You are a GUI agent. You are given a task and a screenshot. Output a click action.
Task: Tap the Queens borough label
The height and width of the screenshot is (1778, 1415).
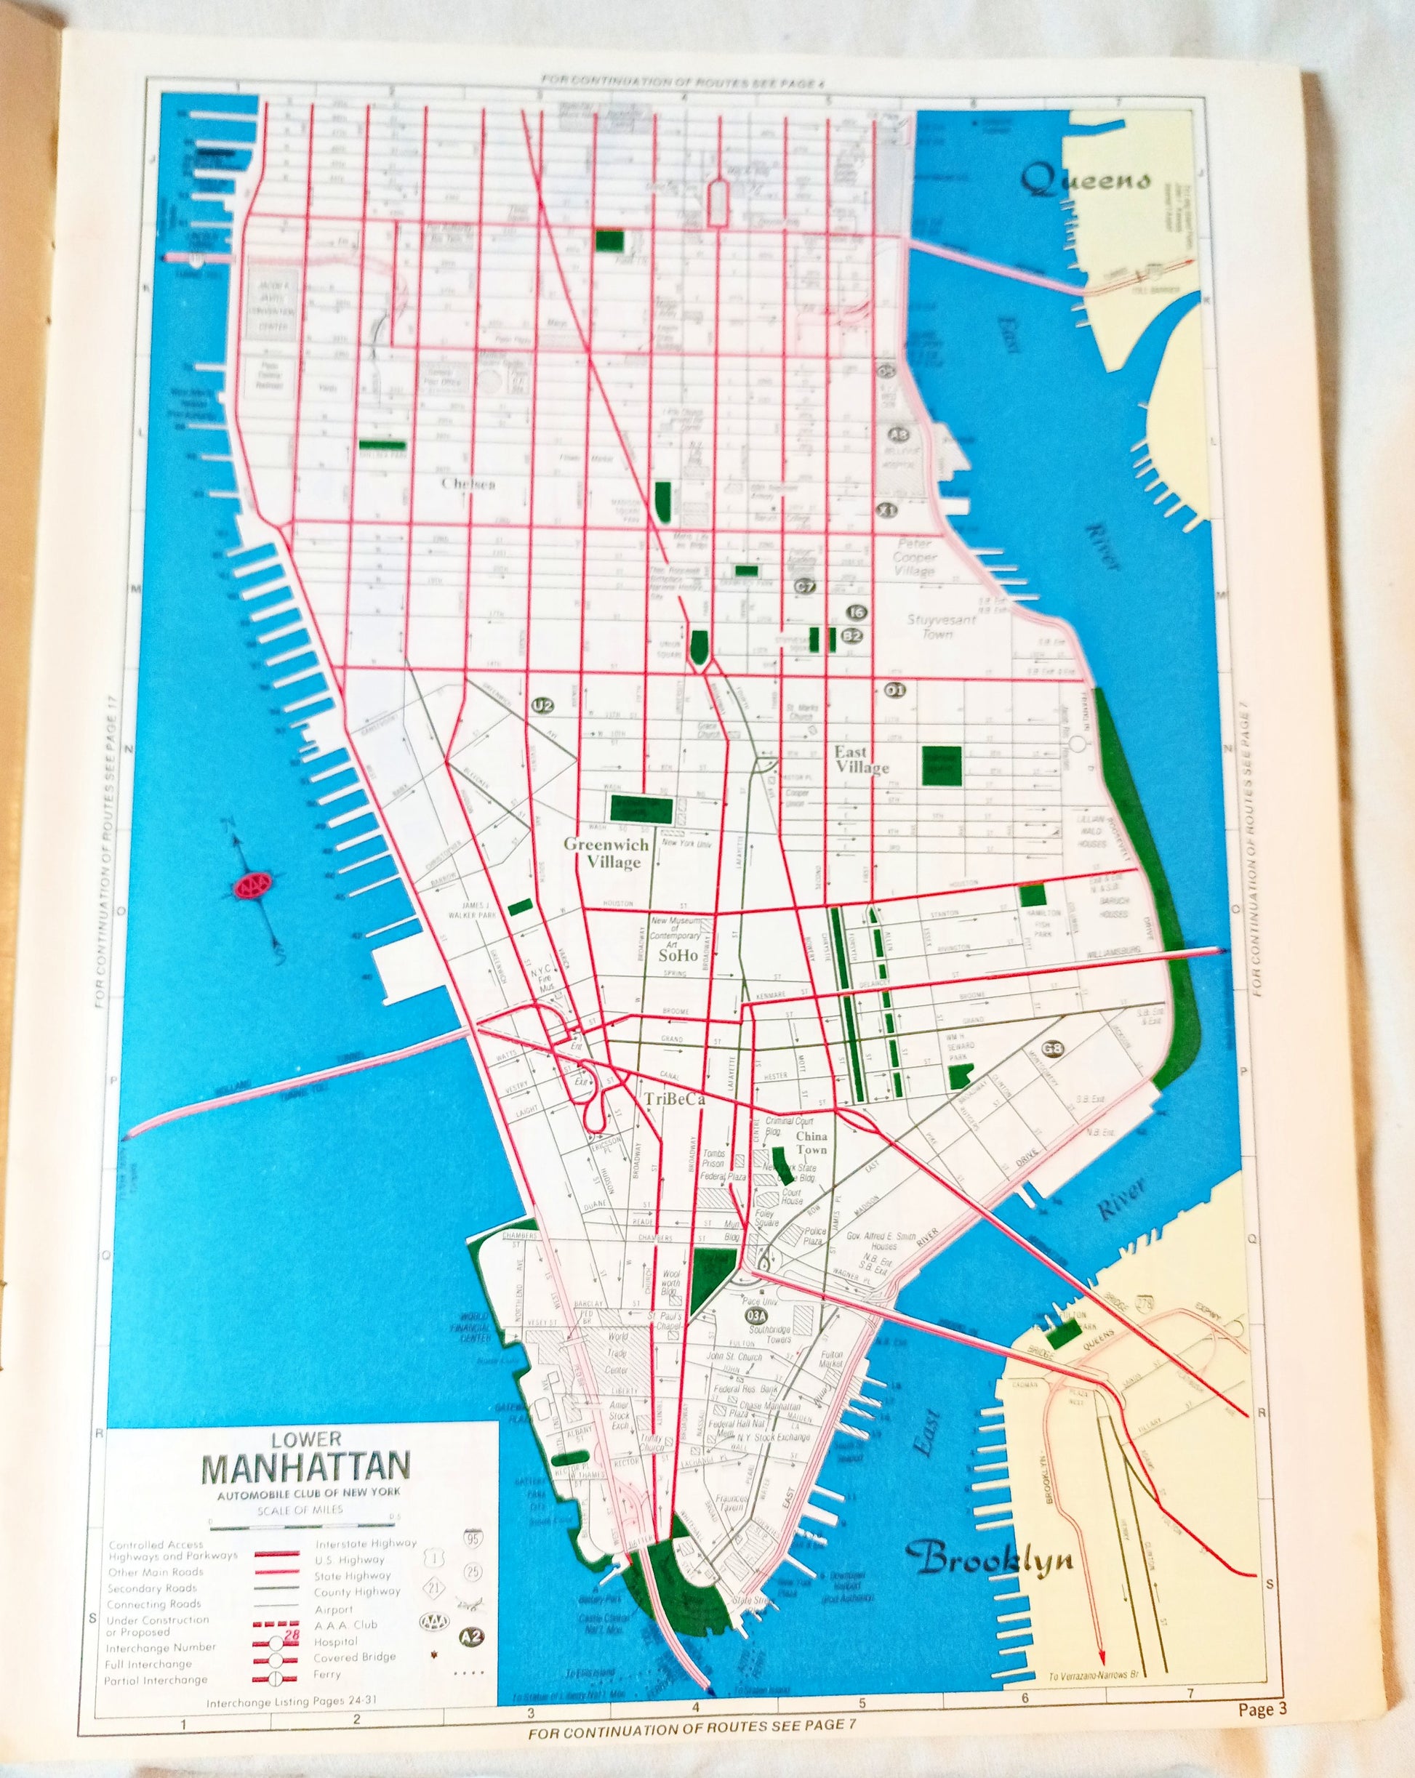point(1086,180)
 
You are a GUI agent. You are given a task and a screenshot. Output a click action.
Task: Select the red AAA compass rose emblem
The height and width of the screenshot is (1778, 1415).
point(253,885)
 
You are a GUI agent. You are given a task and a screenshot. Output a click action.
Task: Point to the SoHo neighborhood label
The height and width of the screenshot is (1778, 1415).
point(678,956)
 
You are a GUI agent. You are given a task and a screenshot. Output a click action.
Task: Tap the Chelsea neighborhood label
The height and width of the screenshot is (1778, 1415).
point(469,484)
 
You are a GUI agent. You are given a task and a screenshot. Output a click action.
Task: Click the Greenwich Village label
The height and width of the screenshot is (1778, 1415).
point(606,853)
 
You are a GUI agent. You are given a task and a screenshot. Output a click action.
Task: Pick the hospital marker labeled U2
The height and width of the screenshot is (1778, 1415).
point(542,705)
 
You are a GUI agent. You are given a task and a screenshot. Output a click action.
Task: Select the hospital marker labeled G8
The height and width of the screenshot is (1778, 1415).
point(1052,1049)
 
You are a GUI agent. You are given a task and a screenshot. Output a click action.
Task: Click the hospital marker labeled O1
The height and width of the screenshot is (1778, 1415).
point(895,691)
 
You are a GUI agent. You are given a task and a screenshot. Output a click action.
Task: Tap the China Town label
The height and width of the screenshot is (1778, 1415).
point(811,1142)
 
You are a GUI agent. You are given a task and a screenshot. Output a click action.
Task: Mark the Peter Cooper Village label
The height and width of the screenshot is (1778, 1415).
point(913,557)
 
